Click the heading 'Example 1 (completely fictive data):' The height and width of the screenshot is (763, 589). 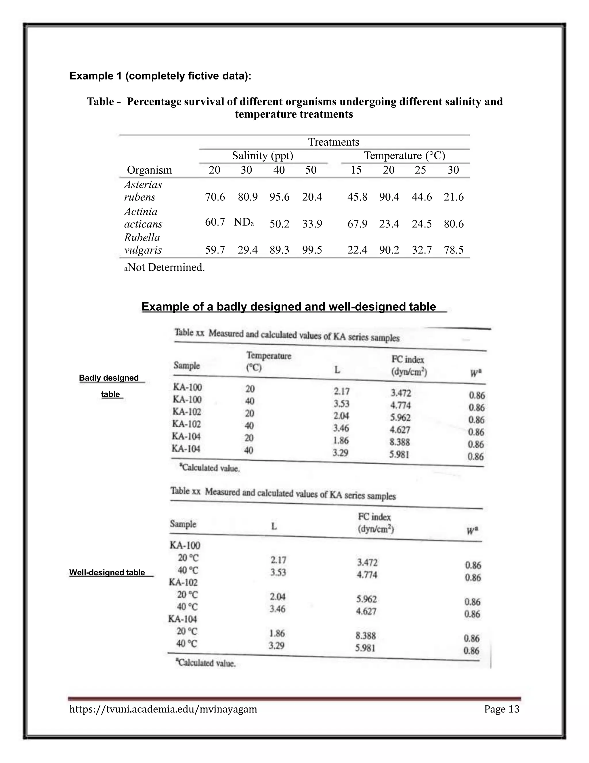[x=160, y=76]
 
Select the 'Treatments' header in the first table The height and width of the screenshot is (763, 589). [x=333, y=142]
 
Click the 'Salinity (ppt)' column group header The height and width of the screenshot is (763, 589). [x=262, y=156]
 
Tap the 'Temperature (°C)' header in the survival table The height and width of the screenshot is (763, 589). [x=404, y=156]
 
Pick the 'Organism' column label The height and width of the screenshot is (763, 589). [x=149, y=170]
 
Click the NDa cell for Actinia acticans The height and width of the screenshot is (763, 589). [x=244, y=222]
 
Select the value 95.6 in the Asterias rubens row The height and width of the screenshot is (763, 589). [x=279, y=197]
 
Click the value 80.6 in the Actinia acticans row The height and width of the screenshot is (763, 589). [x=453, y=224]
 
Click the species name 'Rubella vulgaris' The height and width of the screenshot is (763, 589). [x=143, y=244]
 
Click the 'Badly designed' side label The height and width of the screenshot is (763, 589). [x=109, y=378]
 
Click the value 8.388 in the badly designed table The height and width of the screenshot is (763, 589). [x=399, y=442]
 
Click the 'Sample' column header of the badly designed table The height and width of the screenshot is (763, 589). [x=187, y=366]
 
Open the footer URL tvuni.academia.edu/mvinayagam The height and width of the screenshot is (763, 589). [x=163, y=709]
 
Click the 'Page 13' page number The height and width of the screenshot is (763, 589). [x=501, y=709]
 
